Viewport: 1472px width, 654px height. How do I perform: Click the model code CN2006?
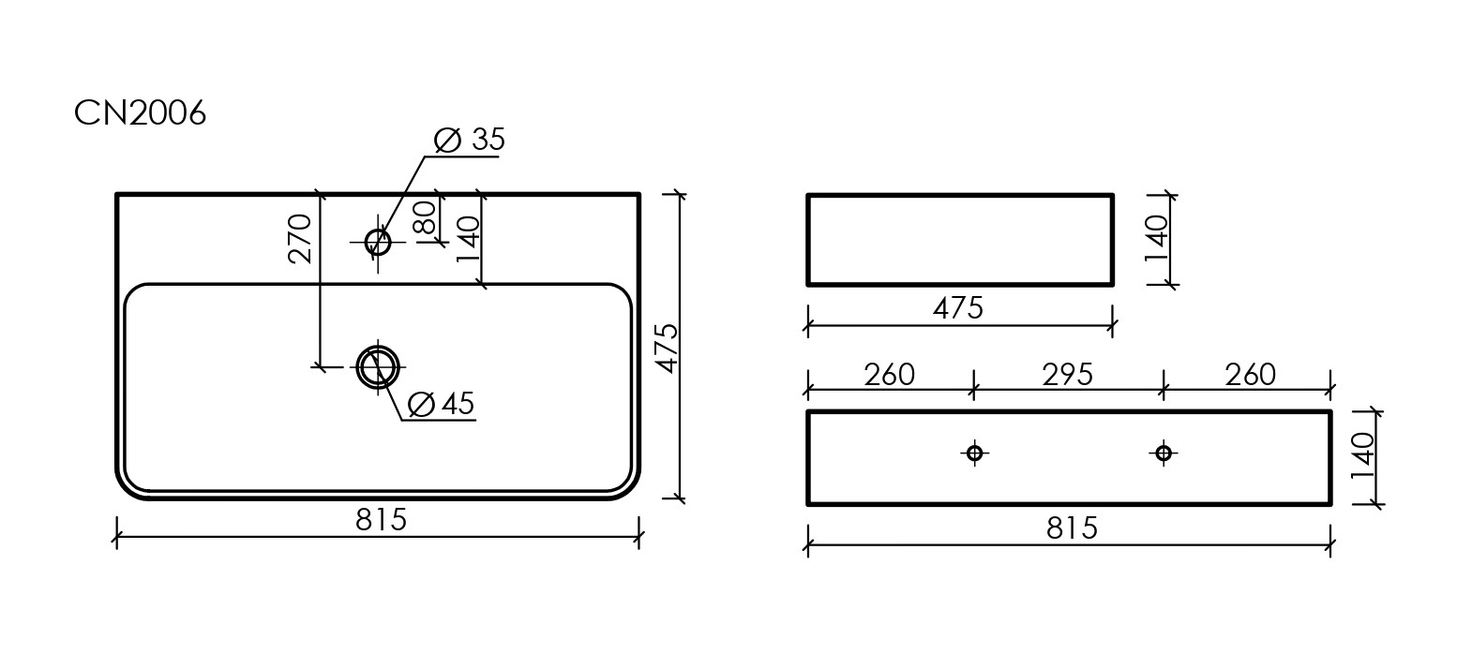coord(140,113)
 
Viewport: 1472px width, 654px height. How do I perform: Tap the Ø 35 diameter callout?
coord(469,140)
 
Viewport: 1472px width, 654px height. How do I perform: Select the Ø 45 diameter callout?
coord(441,404)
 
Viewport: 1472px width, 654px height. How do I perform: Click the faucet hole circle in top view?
coord(378,243)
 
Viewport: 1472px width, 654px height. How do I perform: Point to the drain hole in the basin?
coord(378,367)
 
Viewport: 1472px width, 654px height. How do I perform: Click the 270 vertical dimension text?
coord(300,239)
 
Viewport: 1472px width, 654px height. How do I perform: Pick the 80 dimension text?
coord(425,218)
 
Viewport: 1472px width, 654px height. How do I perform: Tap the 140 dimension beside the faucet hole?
coord(469,239)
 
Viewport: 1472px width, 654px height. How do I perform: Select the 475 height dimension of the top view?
coord(667,348)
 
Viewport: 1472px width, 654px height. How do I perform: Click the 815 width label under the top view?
coord(382,520)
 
